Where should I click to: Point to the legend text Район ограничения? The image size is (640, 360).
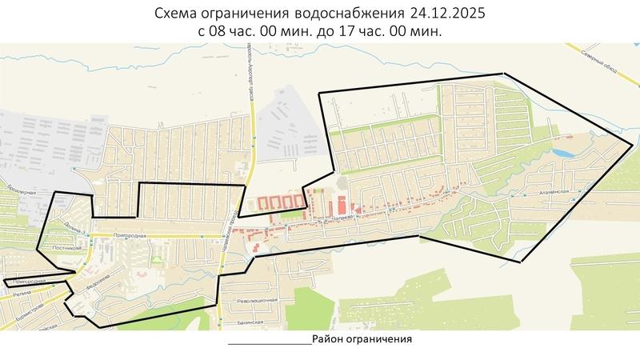(x=362, y=338)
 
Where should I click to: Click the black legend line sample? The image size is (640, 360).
(x=269, y=342)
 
